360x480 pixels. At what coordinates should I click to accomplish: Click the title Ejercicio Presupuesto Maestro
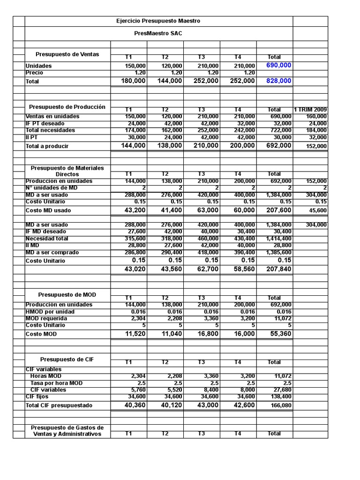point(158,21)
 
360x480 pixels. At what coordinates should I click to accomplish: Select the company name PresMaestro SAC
point(158,34)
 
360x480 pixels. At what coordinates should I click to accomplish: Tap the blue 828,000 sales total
point(278,81)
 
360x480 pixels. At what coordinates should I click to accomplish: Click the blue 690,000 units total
point(278,65)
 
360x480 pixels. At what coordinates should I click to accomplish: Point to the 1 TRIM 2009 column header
point(310,110)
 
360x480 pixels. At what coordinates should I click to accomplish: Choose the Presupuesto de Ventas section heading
point(68,54)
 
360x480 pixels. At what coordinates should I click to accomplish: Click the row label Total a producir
point(47,146)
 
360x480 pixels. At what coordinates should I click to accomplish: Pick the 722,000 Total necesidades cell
point(281,130)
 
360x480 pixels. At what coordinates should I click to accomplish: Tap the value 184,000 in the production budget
point(317,130)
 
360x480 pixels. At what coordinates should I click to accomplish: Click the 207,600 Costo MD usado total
point(279,210)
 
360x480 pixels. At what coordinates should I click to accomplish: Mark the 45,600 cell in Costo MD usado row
point(318,211)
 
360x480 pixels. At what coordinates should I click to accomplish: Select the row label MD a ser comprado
point(52,253)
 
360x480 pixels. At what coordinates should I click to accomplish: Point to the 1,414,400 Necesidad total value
point(278,239)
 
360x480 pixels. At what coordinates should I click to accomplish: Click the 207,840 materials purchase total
point(279,269)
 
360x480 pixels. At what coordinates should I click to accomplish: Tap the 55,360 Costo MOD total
point(280,334)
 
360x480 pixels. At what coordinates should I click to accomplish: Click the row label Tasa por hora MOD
point(56,383)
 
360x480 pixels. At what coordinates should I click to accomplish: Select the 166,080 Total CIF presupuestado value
point(281,405)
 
